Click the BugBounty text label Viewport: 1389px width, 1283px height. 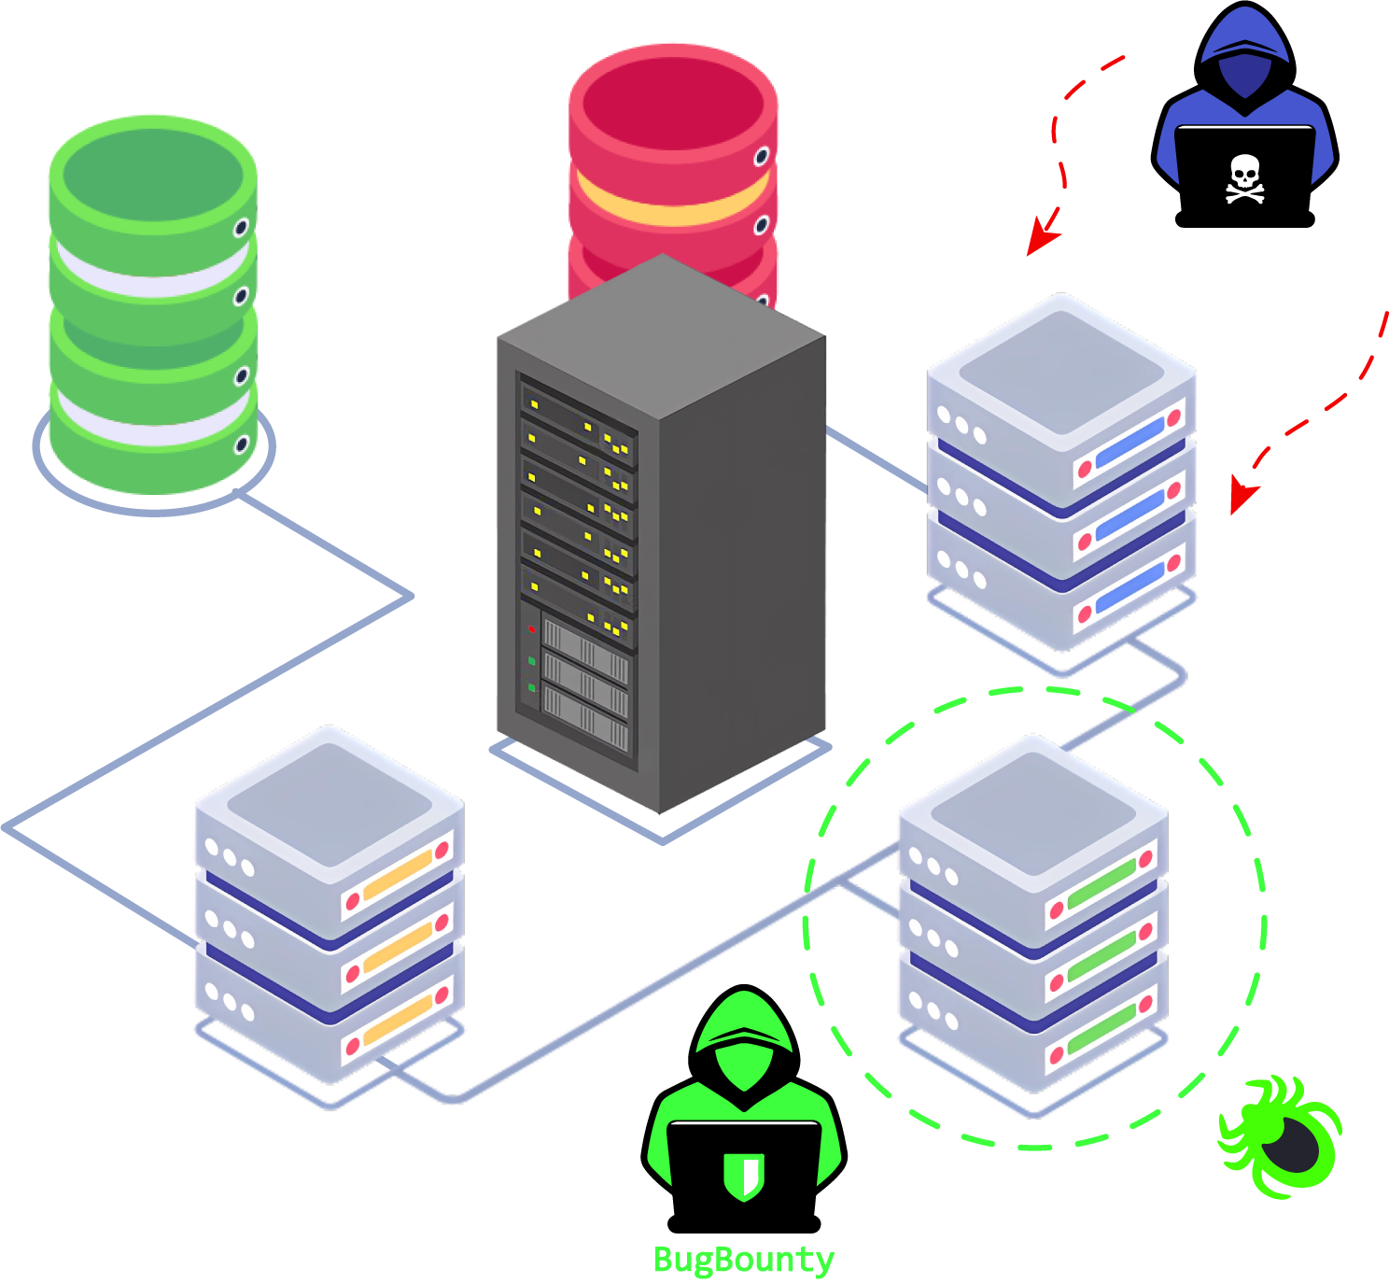point(743,1260)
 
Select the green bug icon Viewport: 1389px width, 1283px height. point(1282,1136)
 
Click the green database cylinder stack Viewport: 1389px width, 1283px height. point(152,308)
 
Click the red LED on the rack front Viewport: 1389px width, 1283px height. point(532,628)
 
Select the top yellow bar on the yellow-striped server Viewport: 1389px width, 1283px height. point(398,874)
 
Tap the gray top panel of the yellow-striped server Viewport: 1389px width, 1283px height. point(329,803)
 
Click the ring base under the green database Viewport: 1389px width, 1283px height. point(154,504)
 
